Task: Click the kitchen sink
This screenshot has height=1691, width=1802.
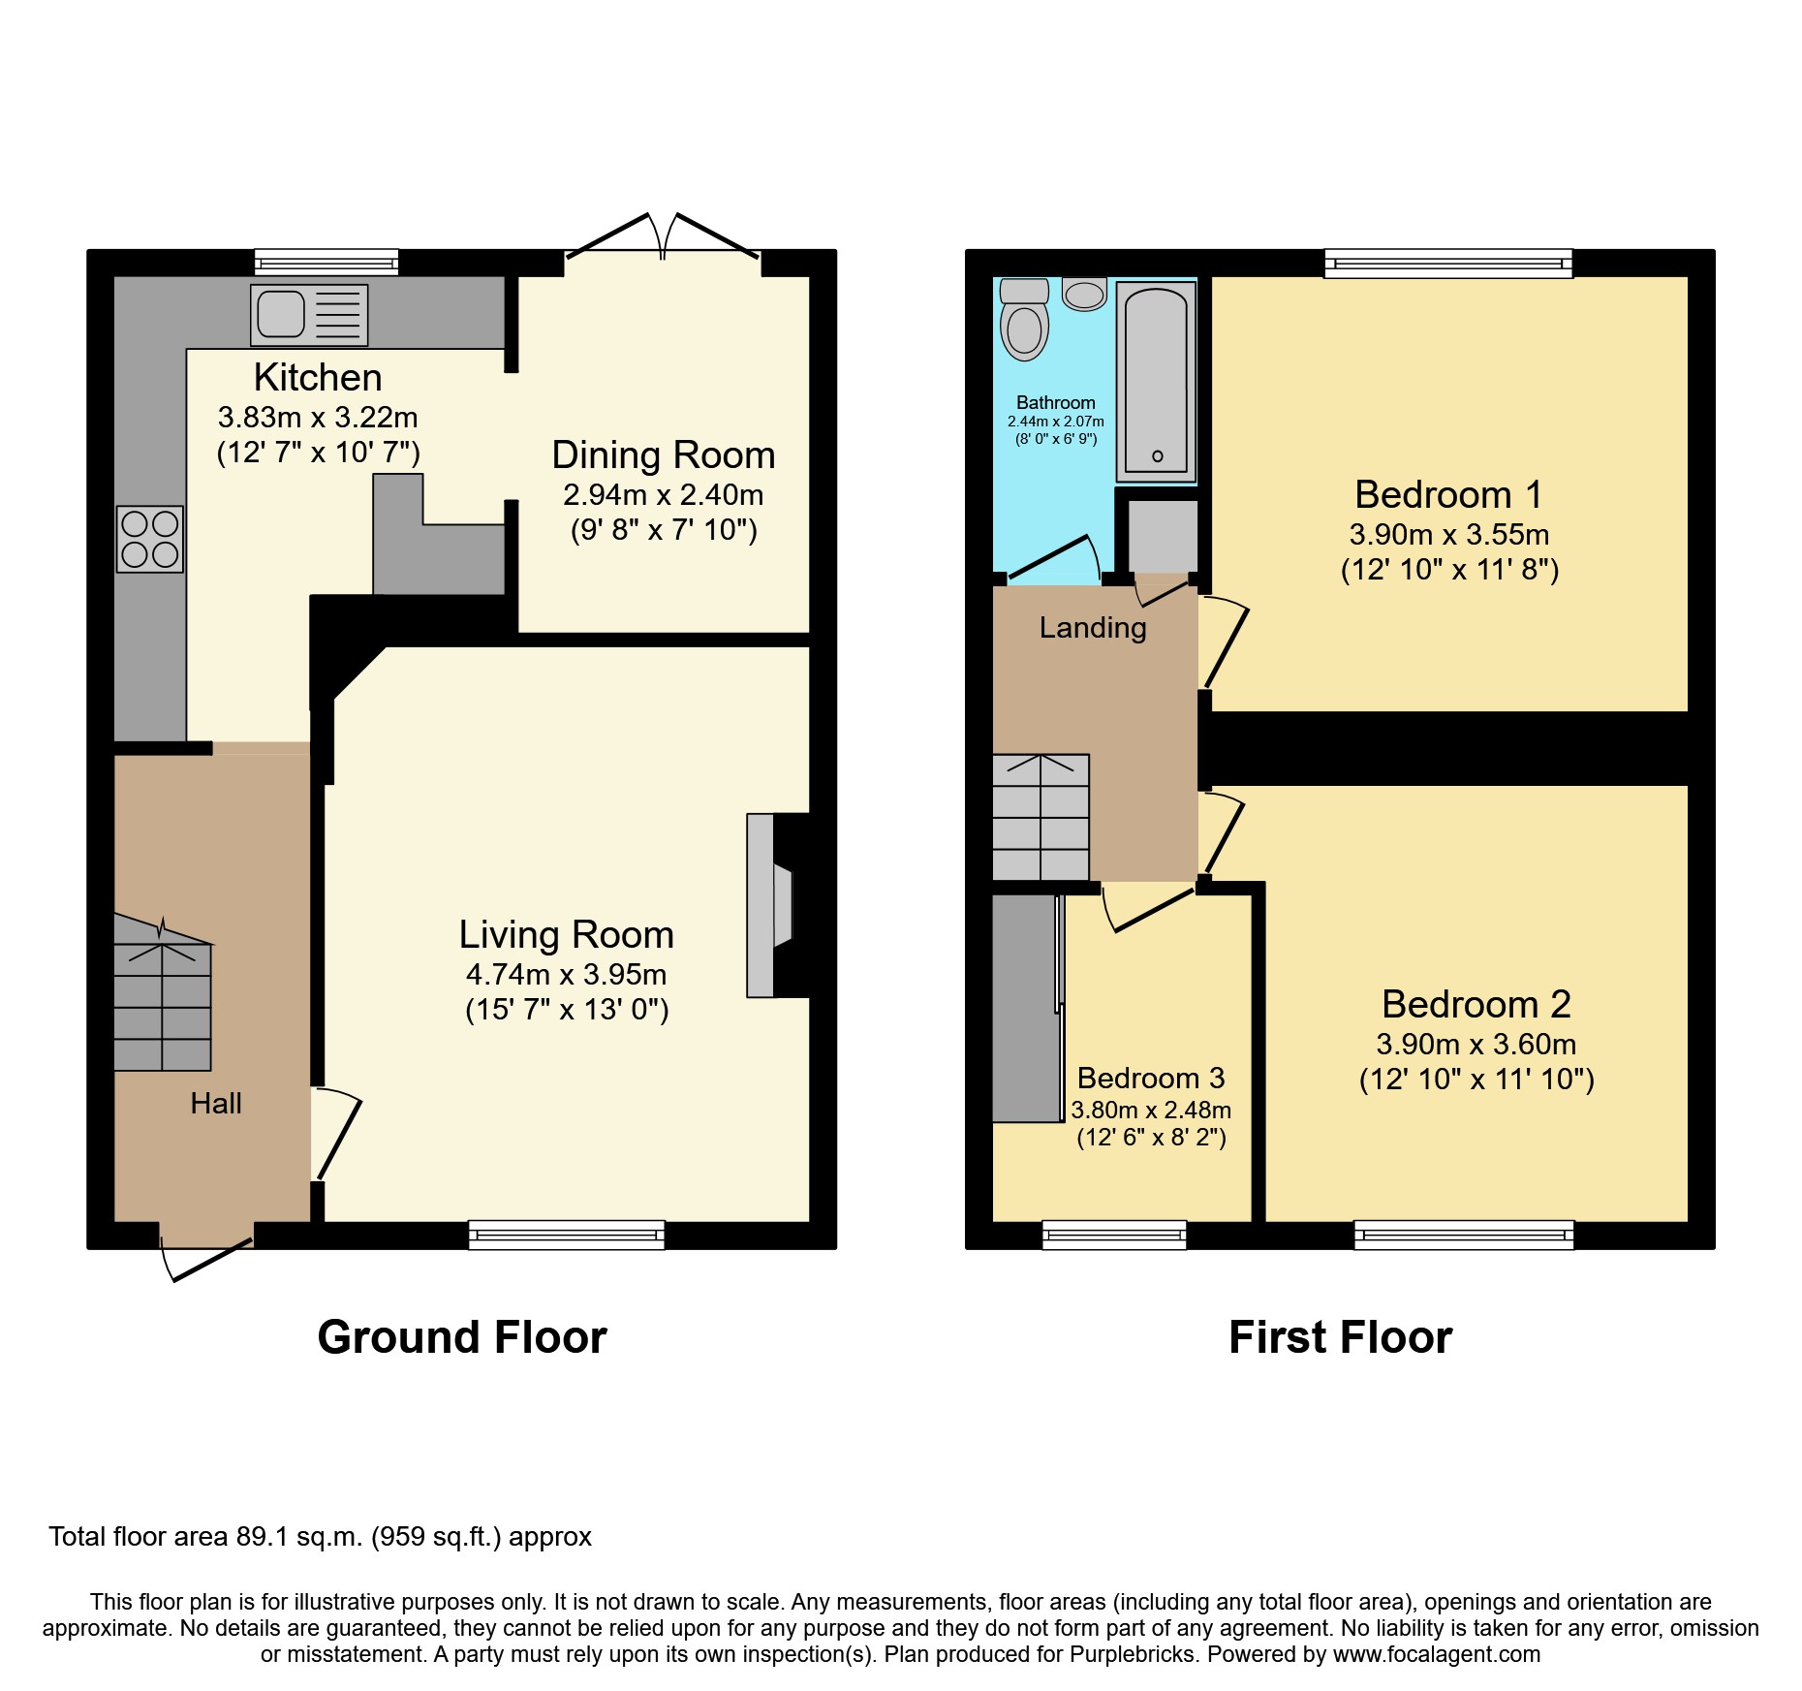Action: pyautogui.click(x=308, y=315)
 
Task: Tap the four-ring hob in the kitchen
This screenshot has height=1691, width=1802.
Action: pyautogui.click(x=150, y=539)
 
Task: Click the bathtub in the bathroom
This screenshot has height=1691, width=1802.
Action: pyautogui.click(x=1156, y=382)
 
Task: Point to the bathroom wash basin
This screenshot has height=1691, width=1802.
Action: pyautogui.click(x=1084, y=294)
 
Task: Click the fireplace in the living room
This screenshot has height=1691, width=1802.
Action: pyautogui.click(x=770, y=905)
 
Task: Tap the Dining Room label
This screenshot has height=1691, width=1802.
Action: pyautogui.click(x=663, y=455)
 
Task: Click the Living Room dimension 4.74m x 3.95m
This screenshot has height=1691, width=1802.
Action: pyautogui.click(x=566, y=974)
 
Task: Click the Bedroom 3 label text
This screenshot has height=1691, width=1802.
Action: pyautogui.click(x=1150, y=1078)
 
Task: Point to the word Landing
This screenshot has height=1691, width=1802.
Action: pyautogui.click(x=1092, y=628)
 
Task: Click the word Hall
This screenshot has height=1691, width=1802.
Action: pyautogui.click(x=215, y=1103)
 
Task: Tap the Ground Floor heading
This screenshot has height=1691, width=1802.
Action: pyautogui.click(x=461, y=1337)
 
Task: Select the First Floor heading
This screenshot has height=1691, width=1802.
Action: pyautogui.click(x=1340, y=1337)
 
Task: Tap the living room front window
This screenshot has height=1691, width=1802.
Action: pyautogui.click(x=567, y=1235)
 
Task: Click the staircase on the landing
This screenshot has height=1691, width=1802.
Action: pyautogui.click(x=1041, y=817)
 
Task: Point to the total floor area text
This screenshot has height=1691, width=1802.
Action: pyautogui.click(x=320, y=1537)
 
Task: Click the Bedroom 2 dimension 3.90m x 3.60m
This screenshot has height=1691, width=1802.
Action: pyautogui.click(x=1476, y=1044)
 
